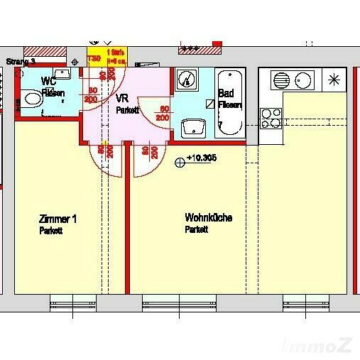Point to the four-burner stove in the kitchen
point(271,116)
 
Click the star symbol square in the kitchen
point(332,79)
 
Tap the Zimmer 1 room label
point(54,219)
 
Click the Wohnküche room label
point(208,217)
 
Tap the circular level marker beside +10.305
point(180,162)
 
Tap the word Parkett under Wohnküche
point(196,231)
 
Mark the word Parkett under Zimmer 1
point(50,231)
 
